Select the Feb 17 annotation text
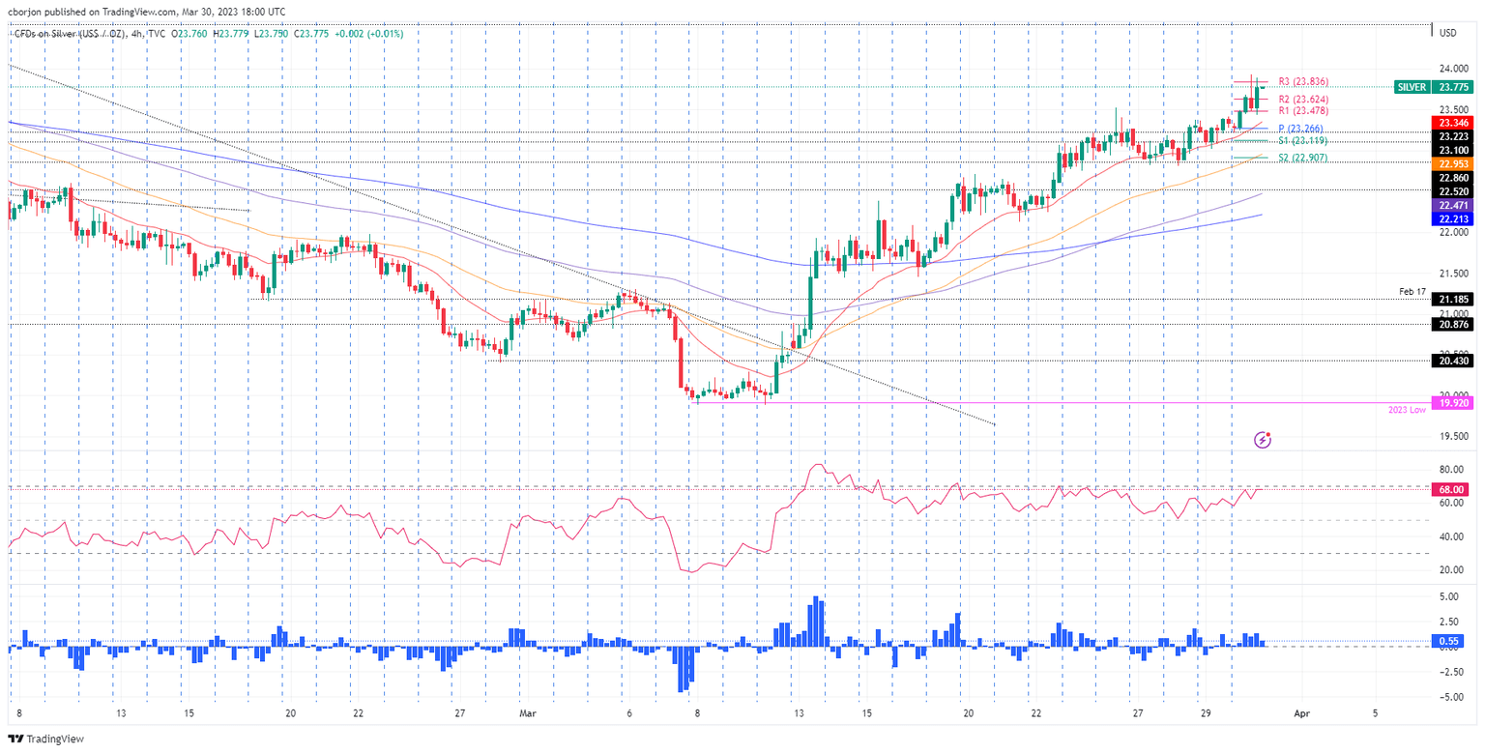click(1413, 290)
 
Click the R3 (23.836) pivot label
click(1302, 82)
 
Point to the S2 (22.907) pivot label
click(1303, 158)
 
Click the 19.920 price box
click(1453, 402)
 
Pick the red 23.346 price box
click(1453, 123)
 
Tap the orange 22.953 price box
click(1453, 164)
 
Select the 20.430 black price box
click(1453, 361)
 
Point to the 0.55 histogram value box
click(1449, 641)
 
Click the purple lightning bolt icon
click(1263, 440)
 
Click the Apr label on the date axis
click(1301, 713)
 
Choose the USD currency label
click(1448, 34)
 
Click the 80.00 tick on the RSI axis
click(1448, 470)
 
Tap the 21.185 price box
click(1453, 300)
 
